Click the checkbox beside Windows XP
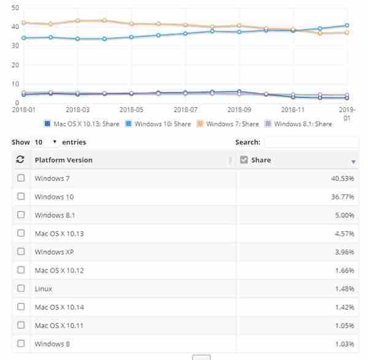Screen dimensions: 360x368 (x=21, y=251)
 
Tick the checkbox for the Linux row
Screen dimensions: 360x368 (x=21, y=288)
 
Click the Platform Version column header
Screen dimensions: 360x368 (x=64, y=160)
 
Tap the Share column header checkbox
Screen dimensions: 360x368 (x=243, y=160)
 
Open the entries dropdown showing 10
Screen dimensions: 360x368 (x=45, y=142)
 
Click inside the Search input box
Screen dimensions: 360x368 (x=311, y=142)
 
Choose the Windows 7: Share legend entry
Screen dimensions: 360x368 (x=228, y=124)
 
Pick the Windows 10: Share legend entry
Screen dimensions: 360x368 (x=161, y=124)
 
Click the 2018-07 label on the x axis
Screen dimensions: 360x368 (x=185, y=109)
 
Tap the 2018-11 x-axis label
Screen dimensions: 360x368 (x=293, y=109)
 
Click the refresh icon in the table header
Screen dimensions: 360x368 (x=20, y=160)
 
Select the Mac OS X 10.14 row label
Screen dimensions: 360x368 (x=59, y=307)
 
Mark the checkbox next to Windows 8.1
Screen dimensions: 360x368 (x=21, y=215)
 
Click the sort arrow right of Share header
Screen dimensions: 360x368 (x=353, y=161)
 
